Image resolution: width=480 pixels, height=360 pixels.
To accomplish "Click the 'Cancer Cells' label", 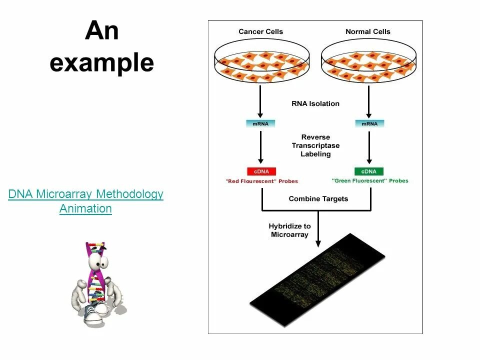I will coord(260,31).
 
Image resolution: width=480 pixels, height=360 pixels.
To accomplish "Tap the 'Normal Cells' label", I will coord(368,31).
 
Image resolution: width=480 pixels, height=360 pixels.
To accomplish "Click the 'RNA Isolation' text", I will coord(315,104).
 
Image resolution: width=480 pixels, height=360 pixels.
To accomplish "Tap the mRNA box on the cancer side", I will coord(260,123).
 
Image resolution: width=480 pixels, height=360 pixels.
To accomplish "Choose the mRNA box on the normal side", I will coord(369,123).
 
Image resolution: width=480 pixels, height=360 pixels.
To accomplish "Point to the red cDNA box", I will coord(261,171).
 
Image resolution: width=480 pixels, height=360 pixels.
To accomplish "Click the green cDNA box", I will coord(369,171).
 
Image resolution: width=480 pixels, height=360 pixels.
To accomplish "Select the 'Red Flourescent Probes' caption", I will coord(261,181).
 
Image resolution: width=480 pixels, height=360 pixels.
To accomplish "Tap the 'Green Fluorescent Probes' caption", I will coord(370,181).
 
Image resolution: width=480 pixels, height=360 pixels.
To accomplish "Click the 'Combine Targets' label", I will coord(318,199).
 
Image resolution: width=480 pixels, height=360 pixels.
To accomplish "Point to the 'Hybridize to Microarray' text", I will coord(289,230).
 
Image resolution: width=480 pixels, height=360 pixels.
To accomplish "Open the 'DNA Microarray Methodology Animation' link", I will coord(85,201).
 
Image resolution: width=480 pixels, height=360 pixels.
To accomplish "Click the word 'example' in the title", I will coord(101,63).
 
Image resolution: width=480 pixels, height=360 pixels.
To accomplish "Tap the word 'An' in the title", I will coord(101,31).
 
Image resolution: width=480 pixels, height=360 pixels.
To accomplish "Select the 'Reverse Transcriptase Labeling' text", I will coord(315,145).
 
